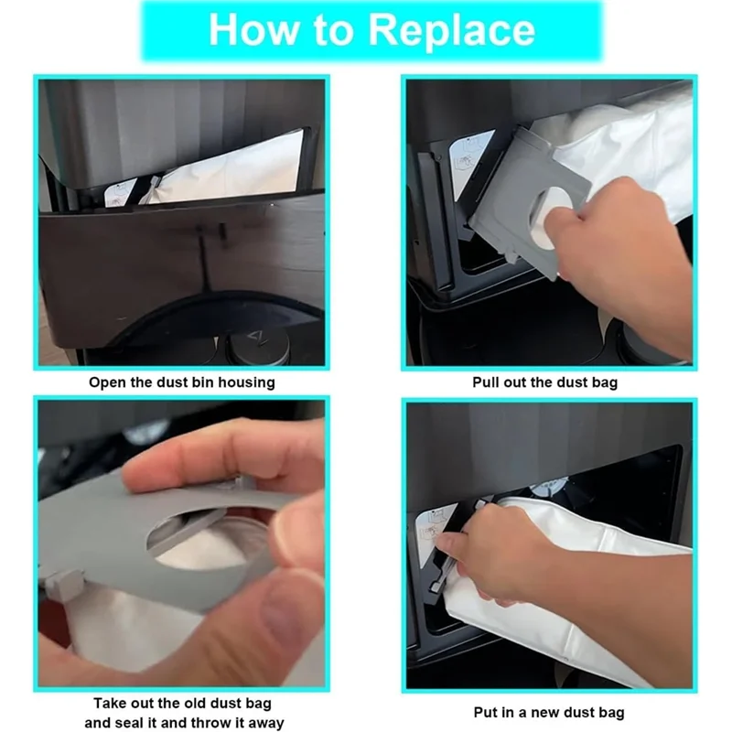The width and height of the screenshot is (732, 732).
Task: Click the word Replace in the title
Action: click(452, 31)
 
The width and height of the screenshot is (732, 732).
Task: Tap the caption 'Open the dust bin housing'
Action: click(182, 382)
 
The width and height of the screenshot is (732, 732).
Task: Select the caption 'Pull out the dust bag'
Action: click(544, 382)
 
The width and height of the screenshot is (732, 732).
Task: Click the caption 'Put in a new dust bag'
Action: click(548, 713)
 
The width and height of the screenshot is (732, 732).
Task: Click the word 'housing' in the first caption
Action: click(246, 382)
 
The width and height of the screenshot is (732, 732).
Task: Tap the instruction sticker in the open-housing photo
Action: click(119, 192)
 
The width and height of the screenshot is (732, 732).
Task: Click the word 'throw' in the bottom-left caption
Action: click(205, 722)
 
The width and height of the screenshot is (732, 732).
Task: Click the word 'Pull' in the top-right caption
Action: click(486, 382)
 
